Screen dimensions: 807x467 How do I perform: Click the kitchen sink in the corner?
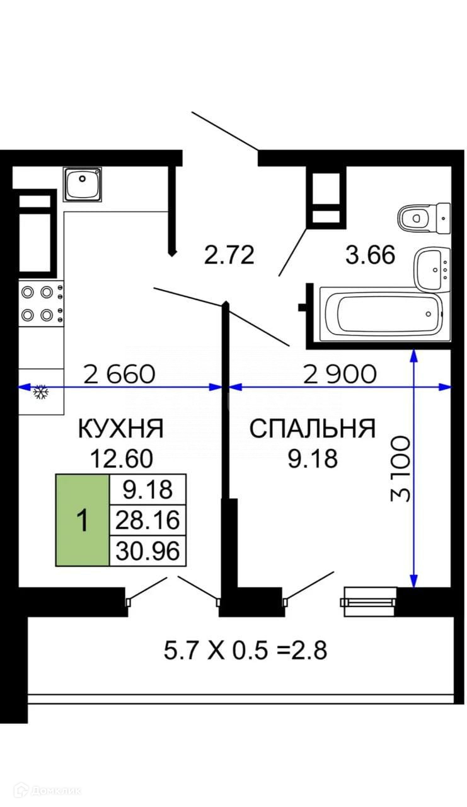[83, 184]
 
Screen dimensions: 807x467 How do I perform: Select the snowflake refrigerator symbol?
[41, 393]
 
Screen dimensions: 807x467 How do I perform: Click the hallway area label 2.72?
[229, 255]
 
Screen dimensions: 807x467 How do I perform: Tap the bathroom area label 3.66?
[370, 255]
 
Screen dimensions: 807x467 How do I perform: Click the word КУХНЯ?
[121, 429]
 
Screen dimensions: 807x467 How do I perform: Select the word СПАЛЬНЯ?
[313, 429]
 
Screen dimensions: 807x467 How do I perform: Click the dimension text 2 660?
[119, 374]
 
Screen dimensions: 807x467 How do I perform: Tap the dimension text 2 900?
[340, 374]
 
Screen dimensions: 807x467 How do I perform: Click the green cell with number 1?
[82, 520]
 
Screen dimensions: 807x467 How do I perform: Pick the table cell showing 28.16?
[147, 520]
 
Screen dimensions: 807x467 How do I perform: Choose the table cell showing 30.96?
[147, 552]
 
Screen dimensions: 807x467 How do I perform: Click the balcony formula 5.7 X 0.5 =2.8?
[245, 650]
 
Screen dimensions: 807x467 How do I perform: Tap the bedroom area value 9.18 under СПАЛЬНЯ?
[313, 458]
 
